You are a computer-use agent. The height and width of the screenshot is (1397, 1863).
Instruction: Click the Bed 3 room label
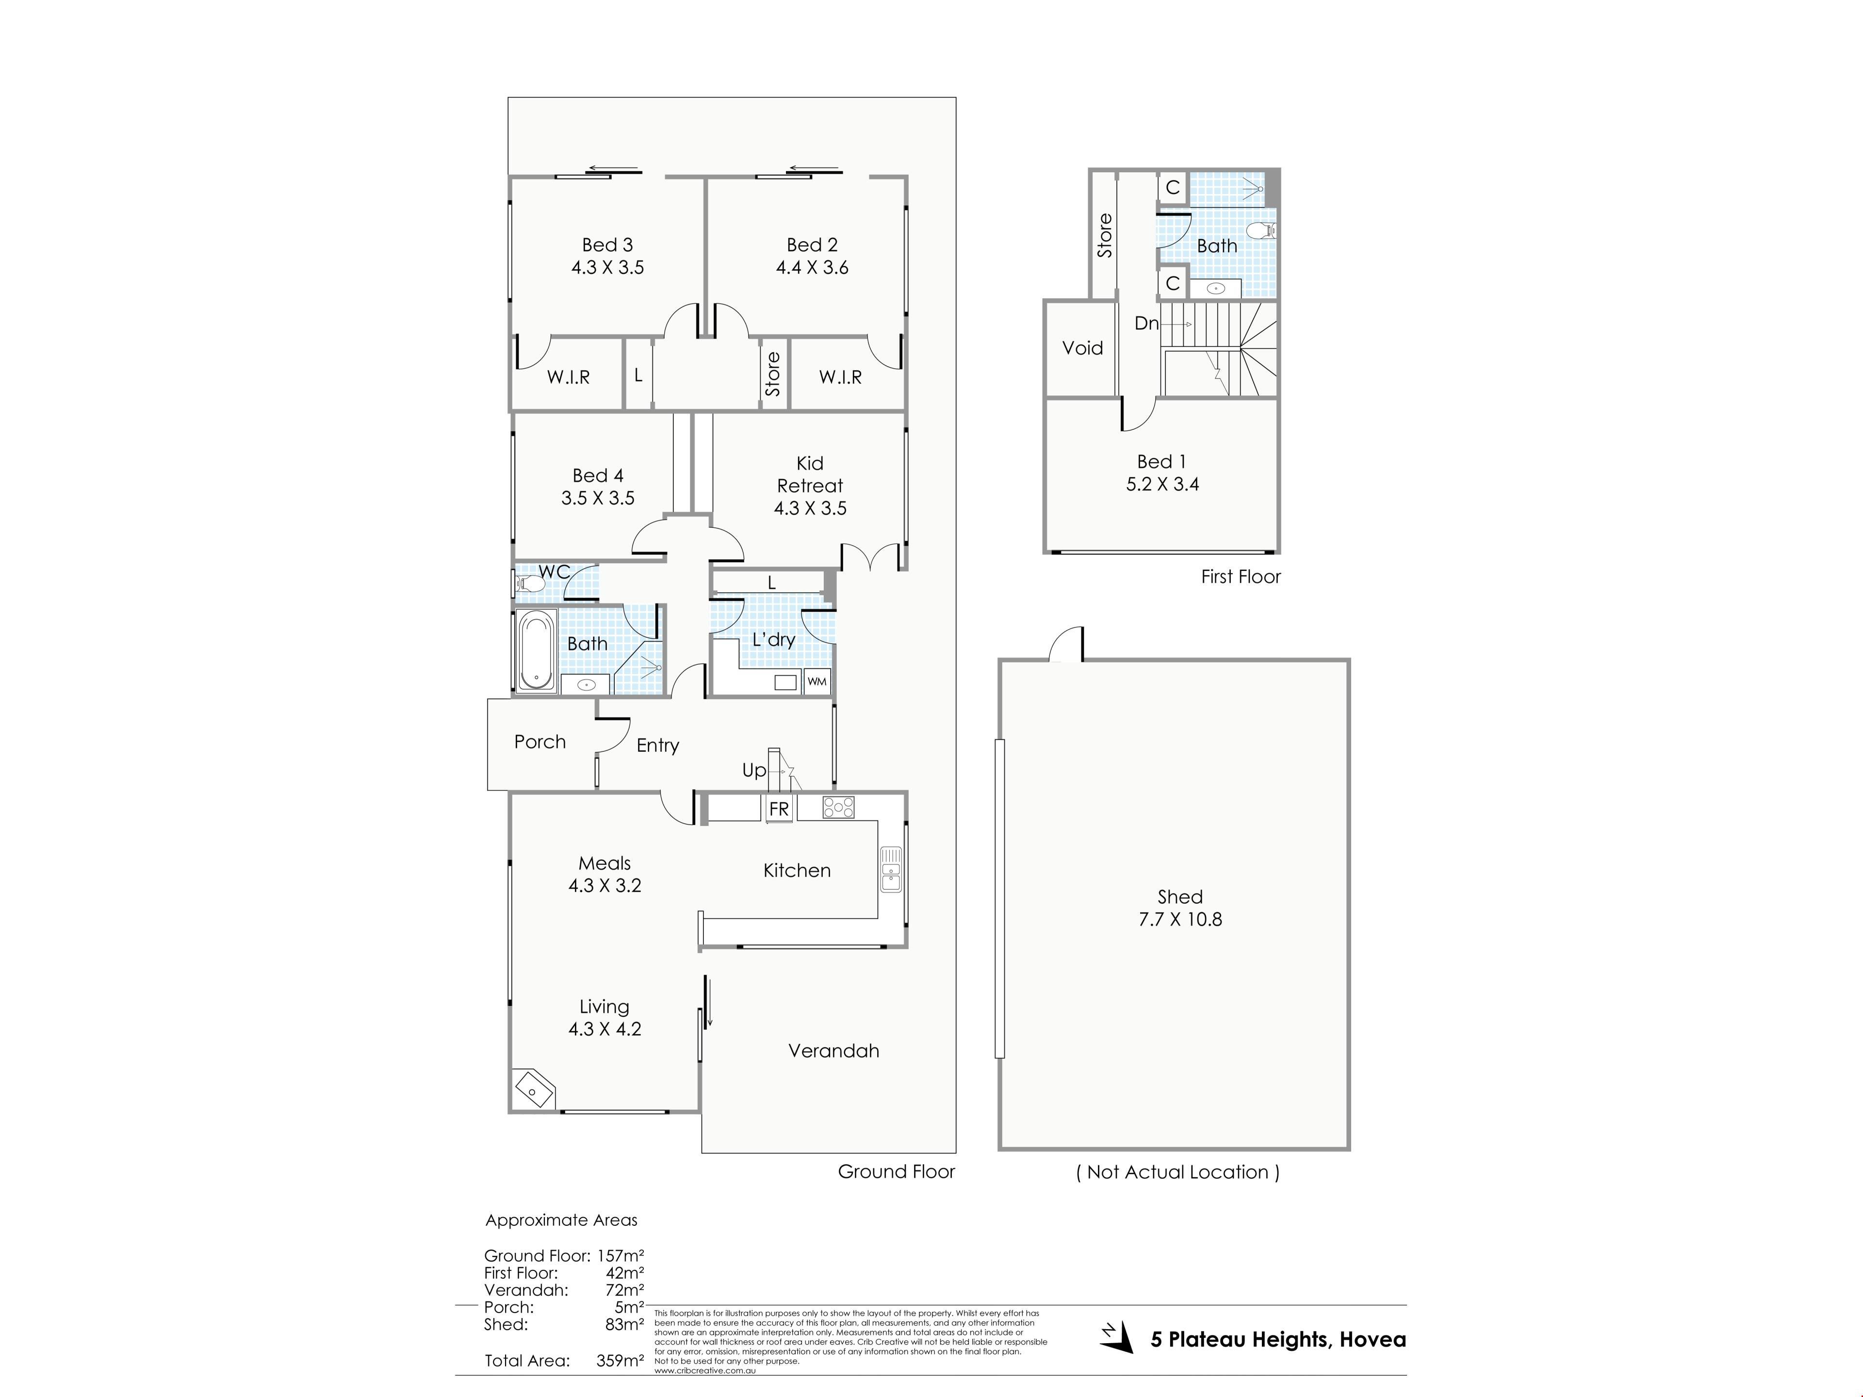(x=607, y=245)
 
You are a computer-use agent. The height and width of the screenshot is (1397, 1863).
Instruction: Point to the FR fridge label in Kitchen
(x=779, y=809)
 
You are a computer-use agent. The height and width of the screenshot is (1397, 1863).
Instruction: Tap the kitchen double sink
(x=890, y=869)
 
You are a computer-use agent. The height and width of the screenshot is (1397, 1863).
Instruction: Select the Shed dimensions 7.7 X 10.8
(x=1180, y=920)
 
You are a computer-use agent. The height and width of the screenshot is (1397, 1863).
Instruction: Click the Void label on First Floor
(x=1082, y=348)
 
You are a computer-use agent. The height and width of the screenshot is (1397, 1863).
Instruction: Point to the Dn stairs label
(x=1146, y=324)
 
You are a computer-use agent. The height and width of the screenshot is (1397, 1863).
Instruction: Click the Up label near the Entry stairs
(x=754, y=770)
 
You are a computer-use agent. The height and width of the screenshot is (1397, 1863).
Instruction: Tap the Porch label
(x=540, y=742)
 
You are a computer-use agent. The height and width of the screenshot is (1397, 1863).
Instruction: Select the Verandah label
(x=834, y=1051)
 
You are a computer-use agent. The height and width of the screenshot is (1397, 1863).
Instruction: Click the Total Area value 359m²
(x=620, y=1360)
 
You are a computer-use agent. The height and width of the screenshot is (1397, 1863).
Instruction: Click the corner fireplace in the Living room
(x=533, y=1089)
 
